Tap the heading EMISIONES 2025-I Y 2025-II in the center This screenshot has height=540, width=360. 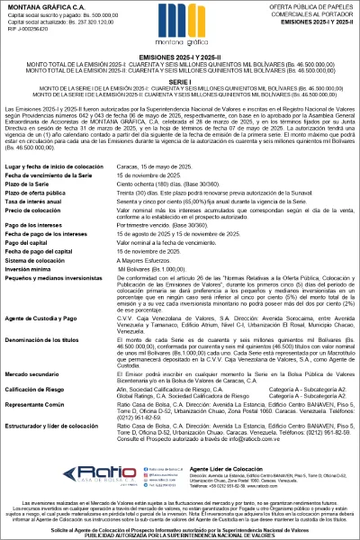point(179,56)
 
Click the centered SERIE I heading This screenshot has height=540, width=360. point(179,80)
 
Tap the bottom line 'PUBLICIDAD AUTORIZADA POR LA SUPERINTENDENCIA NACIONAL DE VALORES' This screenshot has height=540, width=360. point(179,534)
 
